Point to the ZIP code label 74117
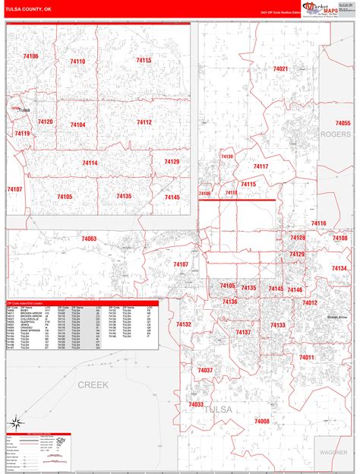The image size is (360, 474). [x=261, y=166]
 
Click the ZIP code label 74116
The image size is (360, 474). [x=317, y=223]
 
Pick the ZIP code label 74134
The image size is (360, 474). [x=339, y=268]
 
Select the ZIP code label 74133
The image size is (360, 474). [x=277, y=325]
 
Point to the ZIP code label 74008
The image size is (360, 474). [x=262, y=421]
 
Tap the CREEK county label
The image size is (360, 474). [x=93, y=385]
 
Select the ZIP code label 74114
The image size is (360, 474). [x=90, y=163]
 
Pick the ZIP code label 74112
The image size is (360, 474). [x=144, y=122]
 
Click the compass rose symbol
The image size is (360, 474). [x=14, y=422]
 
